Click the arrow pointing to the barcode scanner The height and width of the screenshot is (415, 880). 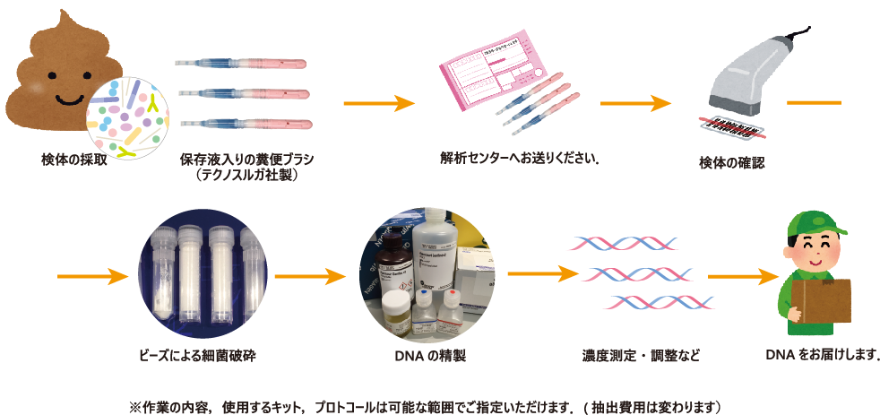[635, 103]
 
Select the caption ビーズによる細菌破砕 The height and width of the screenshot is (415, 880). [206, 356]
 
